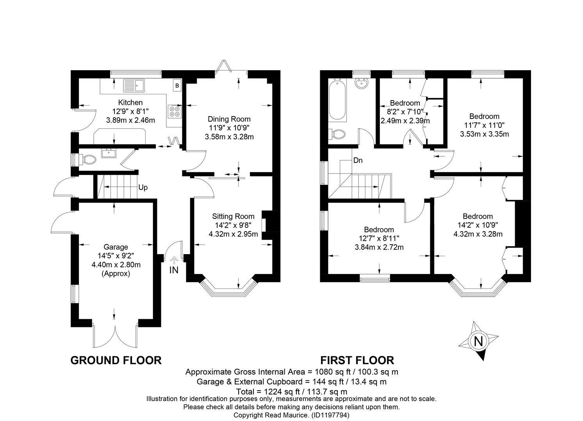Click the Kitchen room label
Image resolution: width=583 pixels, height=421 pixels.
pyautogui.click(x=130, y=103)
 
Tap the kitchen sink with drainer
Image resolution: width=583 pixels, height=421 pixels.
pyautogui.click(x=134, y=85)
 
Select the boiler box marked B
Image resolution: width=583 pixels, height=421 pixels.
pyautogui.click(x=177, y=85)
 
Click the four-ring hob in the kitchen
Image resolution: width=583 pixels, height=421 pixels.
pyautogui.click(x=175, y=111)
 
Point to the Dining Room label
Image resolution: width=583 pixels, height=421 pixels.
pyautogui.click(x=229, y=119)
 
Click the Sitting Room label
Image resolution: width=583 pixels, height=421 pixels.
pyautogui.click(x=233, y=216)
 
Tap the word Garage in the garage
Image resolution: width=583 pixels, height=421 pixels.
pyautogui.click(x=116, y=247)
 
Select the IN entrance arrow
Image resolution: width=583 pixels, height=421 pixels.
pyautogui.click(x=174, y=260)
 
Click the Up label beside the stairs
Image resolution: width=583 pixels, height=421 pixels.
pyautogui.click(x=143, y=188)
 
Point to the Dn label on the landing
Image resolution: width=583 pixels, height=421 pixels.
pyautogui.click(x=358, y=160)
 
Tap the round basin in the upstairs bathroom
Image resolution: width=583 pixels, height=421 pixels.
pyautogui.click(x=361, y=83)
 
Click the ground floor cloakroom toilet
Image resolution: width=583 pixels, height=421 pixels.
pyautogui.click(x=87, y=159)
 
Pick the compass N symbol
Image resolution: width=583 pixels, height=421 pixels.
pyautogui.click(x=478, y=341)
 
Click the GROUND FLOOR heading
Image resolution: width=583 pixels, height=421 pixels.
pyautogui.click(x=116, y=361)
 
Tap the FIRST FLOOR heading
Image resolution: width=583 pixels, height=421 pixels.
pyautogui.click(x=357, y=361)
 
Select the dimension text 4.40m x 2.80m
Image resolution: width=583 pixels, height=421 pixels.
pyautogui.click(x=116, y=265)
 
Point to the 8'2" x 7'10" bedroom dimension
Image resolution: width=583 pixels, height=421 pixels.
pyautogui.click(x=405, y=112)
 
